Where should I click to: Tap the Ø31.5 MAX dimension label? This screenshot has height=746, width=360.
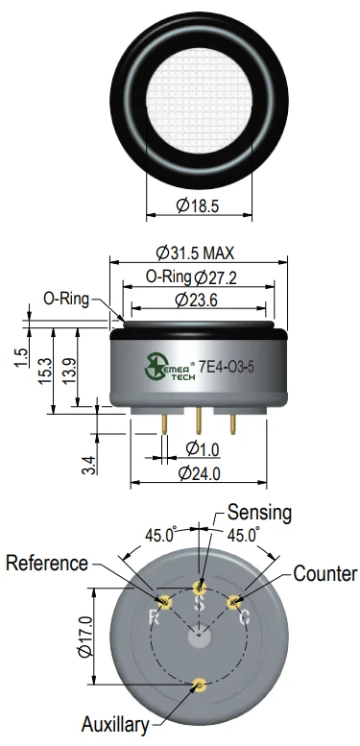click(195, 253)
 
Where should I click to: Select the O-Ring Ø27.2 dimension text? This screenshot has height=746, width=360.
click(191, 277)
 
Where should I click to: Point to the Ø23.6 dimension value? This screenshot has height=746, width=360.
click(196, 300)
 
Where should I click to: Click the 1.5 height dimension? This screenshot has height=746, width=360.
click(21, 358)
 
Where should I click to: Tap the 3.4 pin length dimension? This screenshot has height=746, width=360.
click(89, 465)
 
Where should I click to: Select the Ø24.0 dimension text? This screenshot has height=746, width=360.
click(199, 473)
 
